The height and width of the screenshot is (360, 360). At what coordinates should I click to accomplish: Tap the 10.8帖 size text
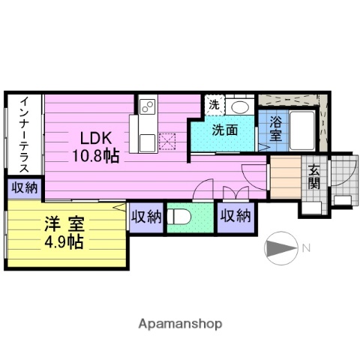click(95, 155)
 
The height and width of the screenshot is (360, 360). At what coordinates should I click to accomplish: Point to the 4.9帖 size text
click(59, 241)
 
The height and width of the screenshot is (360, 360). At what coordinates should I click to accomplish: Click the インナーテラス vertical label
click(24, 135)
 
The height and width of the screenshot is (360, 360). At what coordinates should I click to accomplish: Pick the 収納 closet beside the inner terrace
click(23, 188)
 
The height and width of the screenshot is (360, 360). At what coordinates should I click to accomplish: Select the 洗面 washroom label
click(224, 129)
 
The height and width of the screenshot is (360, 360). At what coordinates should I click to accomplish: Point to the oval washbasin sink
click(240, 106)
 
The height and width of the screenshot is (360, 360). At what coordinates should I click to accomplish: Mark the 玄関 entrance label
click(313, 177)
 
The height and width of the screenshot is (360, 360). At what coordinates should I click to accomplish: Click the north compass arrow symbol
click(279, 247)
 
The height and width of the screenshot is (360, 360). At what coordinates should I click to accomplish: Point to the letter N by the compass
click(305, 247)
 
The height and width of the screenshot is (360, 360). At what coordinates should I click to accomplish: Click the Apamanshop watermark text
click(179, 324)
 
